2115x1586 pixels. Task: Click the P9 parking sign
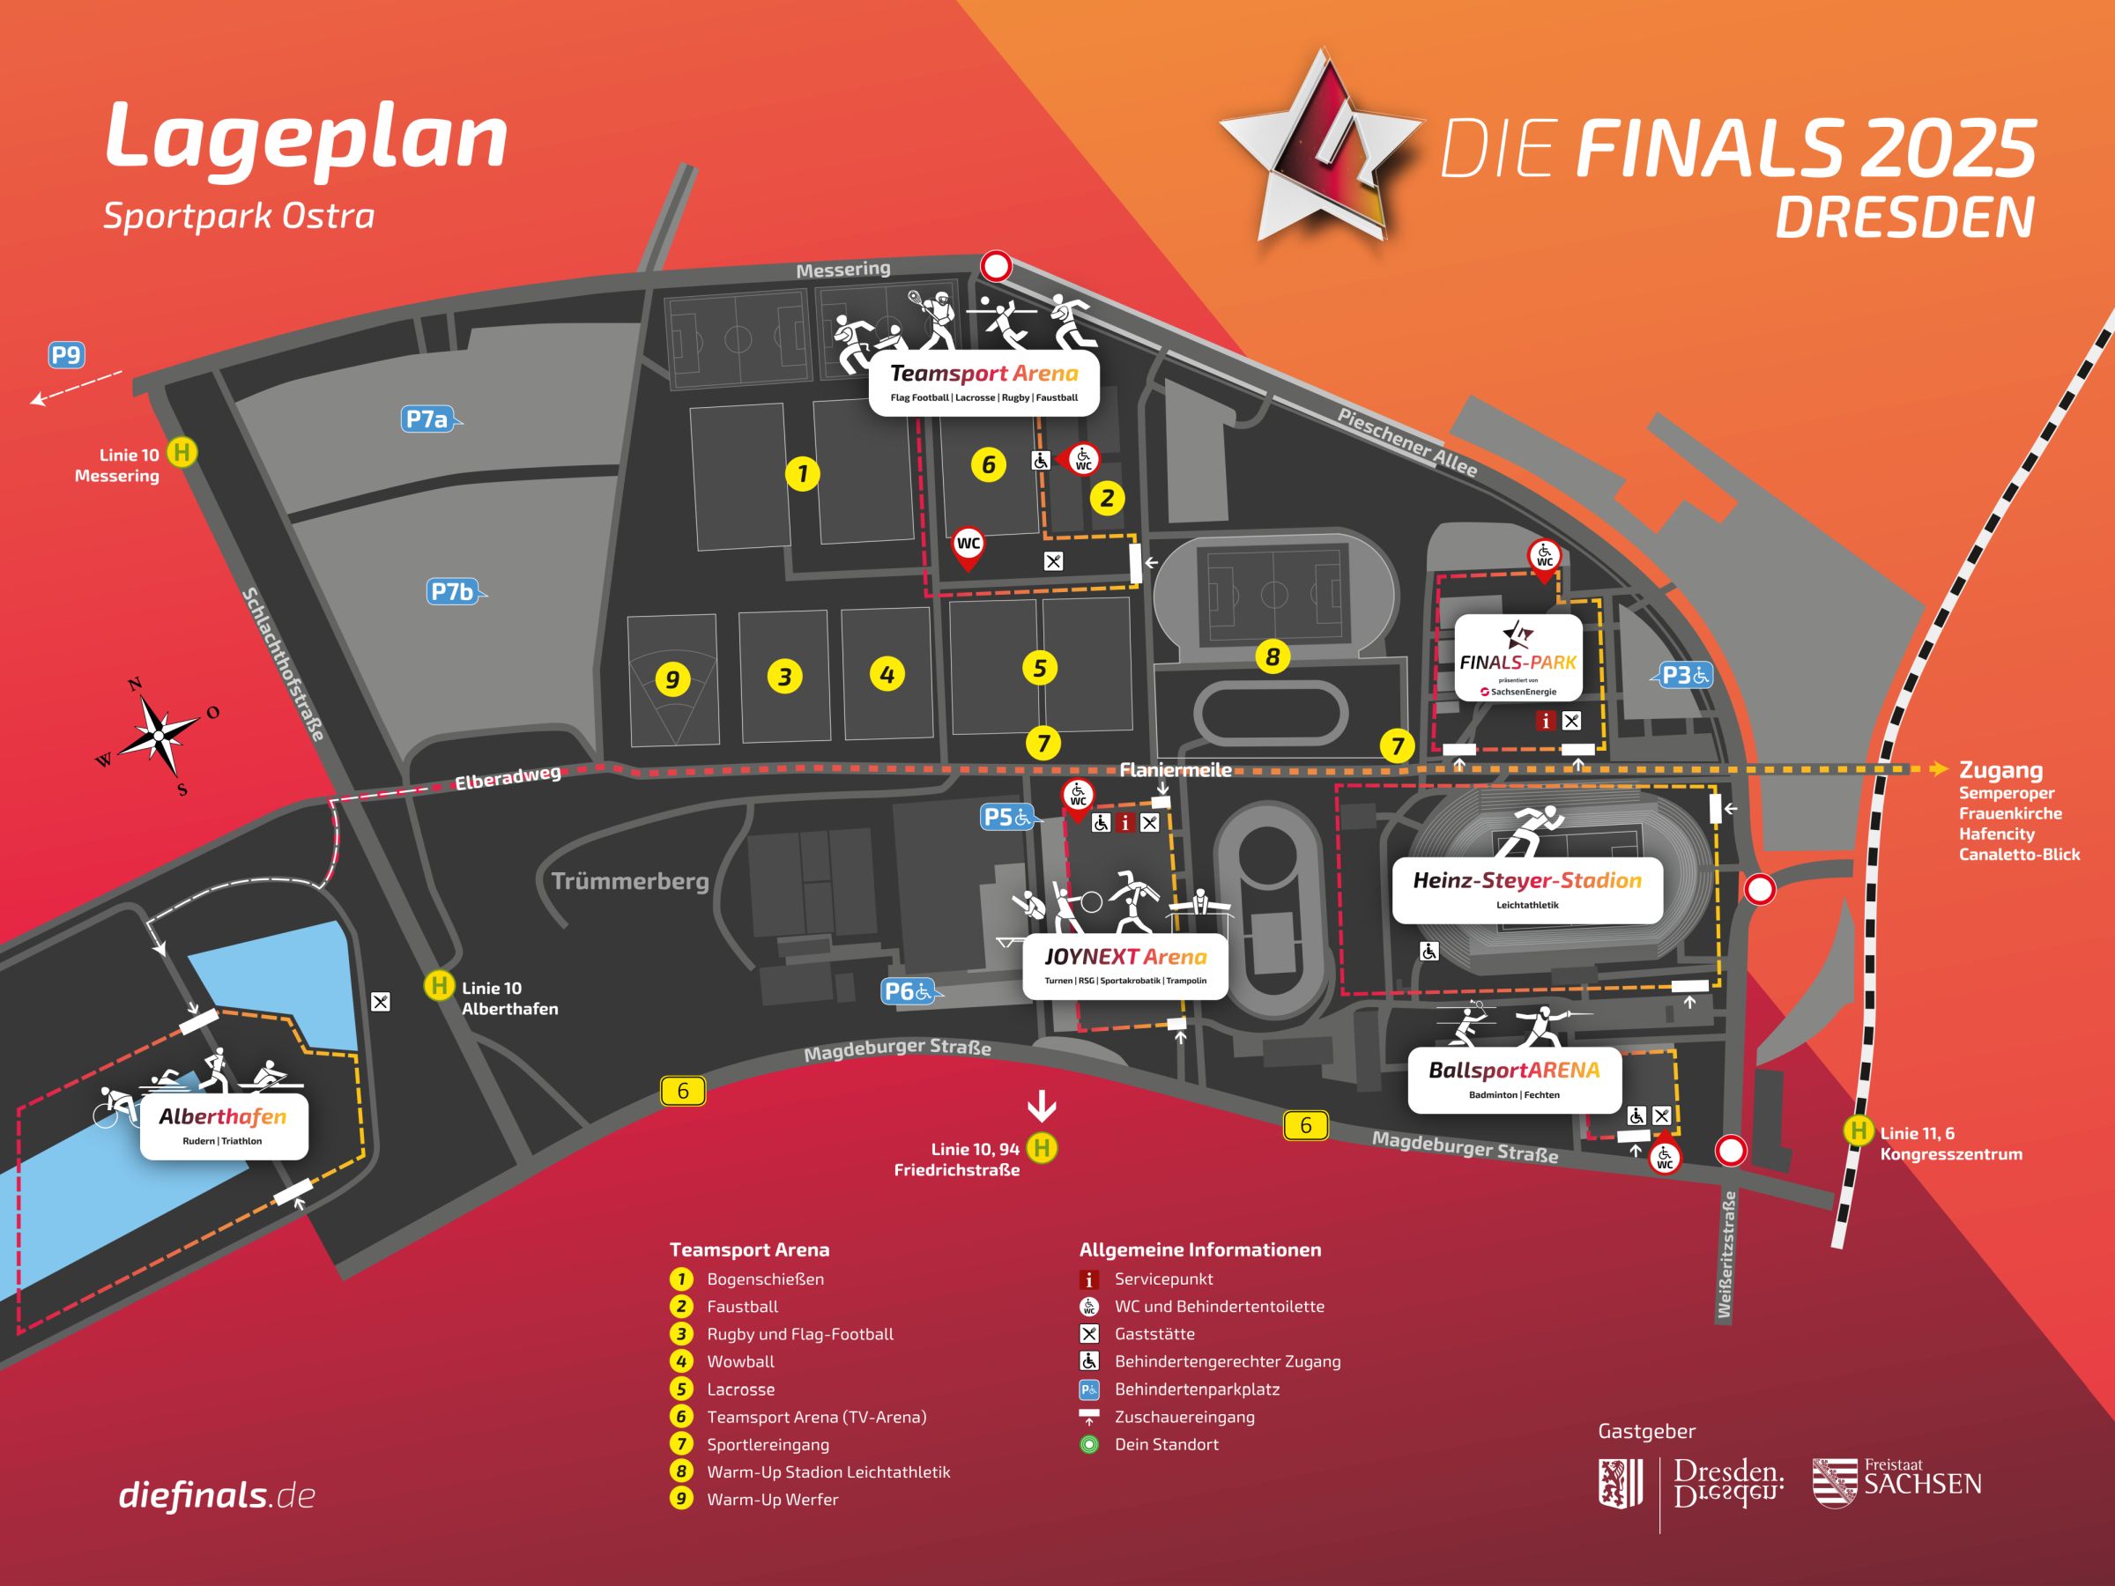coord(66,356)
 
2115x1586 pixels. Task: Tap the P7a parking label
coord(427,419)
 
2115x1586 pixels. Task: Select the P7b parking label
coord(452,592)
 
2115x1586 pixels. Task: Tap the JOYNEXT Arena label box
coord(1125,966)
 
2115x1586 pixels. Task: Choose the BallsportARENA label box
coord(1514,1079)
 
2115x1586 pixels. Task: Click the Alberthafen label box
coord(224,1125)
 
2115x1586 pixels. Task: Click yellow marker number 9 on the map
coord(672,679)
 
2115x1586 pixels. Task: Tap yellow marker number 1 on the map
coord(802,473)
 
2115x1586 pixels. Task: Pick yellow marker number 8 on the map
coord(1273,656)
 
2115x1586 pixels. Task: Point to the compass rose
coord(158,736)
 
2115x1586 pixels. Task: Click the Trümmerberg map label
coord(630,880)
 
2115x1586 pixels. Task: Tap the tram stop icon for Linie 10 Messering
coord(182,452)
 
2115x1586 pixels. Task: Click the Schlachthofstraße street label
coord(283,663)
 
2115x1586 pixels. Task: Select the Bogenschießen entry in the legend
coord(764,1279)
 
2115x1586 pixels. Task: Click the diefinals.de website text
coord(217,1495)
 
